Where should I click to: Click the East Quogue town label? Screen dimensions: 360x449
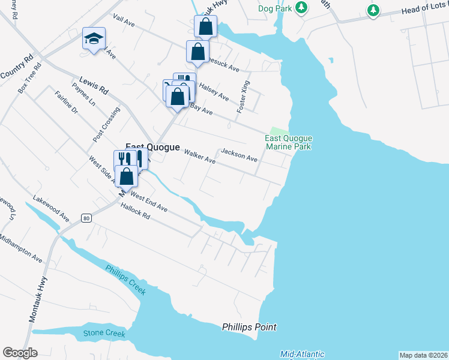[x=148, y=147]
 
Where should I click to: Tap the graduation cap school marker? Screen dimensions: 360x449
[x=94, y=39]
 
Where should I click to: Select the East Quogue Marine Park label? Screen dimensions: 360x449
[x=288, y=142]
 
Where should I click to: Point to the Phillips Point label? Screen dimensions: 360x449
[x=249, y=327]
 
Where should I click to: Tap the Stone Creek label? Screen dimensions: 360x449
[x=104, y=334]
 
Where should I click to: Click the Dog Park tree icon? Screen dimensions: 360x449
[x=303, y=8]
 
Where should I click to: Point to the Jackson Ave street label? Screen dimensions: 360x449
[x=239, y=155]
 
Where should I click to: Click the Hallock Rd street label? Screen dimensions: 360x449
[x=134, y=213]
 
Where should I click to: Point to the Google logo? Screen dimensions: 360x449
[x=20, y=353]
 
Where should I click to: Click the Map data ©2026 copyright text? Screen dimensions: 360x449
[x=424, y=355]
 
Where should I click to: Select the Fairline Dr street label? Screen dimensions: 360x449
[x=66, y=103]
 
